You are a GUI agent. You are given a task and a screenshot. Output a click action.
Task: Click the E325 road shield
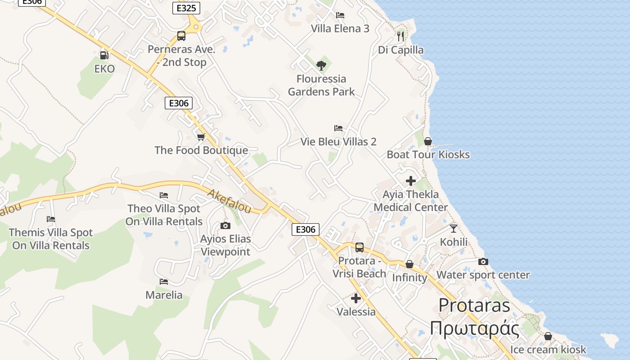tap(186, 8)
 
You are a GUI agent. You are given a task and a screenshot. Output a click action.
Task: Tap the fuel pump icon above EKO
tap(104, 55)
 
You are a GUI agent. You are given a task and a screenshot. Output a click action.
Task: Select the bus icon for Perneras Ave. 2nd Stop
tap(181, 36)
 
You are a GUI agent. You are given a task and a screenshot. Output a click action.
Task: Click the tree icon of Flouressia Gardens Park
tap(321, 66)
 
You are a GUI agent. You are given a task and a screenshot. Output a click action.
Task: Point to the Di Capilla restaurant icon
tap(400, 36)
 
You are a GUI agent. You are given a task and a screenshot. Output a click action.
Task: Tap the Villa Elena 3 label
tap(340, 29)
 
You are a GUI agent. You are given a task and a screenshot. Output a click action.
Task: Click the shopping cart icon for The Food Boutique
tap(201, 137)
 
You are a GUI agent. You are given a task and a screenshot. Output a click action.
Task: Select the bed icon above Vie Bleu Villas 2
tap(338, 128)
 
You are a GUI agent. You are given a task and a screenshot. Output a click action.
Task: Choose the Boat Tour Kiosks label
tap(428, 155)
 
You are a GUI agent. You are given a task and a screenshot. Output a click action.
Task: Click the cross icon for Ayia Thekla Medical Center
tap(410, 181)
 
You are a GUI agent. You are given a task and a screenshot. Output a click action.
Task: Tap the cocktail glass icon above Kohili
tap(454, 229)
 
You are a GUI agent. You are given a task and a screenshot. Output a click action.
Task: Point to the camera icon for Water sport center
tap(483, 261)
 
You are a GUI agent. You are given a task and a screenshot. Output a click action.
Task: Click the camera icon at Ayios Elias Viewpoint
tap(225, 225)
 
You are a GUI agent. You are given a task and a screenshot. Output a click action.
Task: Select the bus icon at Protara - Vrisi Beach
tap(359, 247)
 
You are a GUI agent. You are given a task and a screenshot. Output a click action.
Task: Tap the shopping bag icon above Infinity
tap(409, 264)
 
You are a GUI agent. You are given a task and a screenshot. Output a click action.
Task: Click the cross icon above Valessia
tap(356, 298)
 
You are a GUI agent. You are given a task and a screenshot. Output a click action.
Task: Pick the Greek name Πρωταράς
tap(474, 328)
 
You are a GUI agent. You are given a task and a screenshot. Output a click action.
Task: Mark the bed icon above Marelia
tap(164, 282)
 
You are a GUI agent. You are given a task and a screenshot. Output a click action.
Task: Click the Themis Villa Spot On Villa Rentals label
tap(51, 239)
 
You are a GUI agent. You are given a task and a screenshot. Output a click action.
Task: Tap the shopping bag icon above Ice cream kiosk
tap(548, 336)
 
